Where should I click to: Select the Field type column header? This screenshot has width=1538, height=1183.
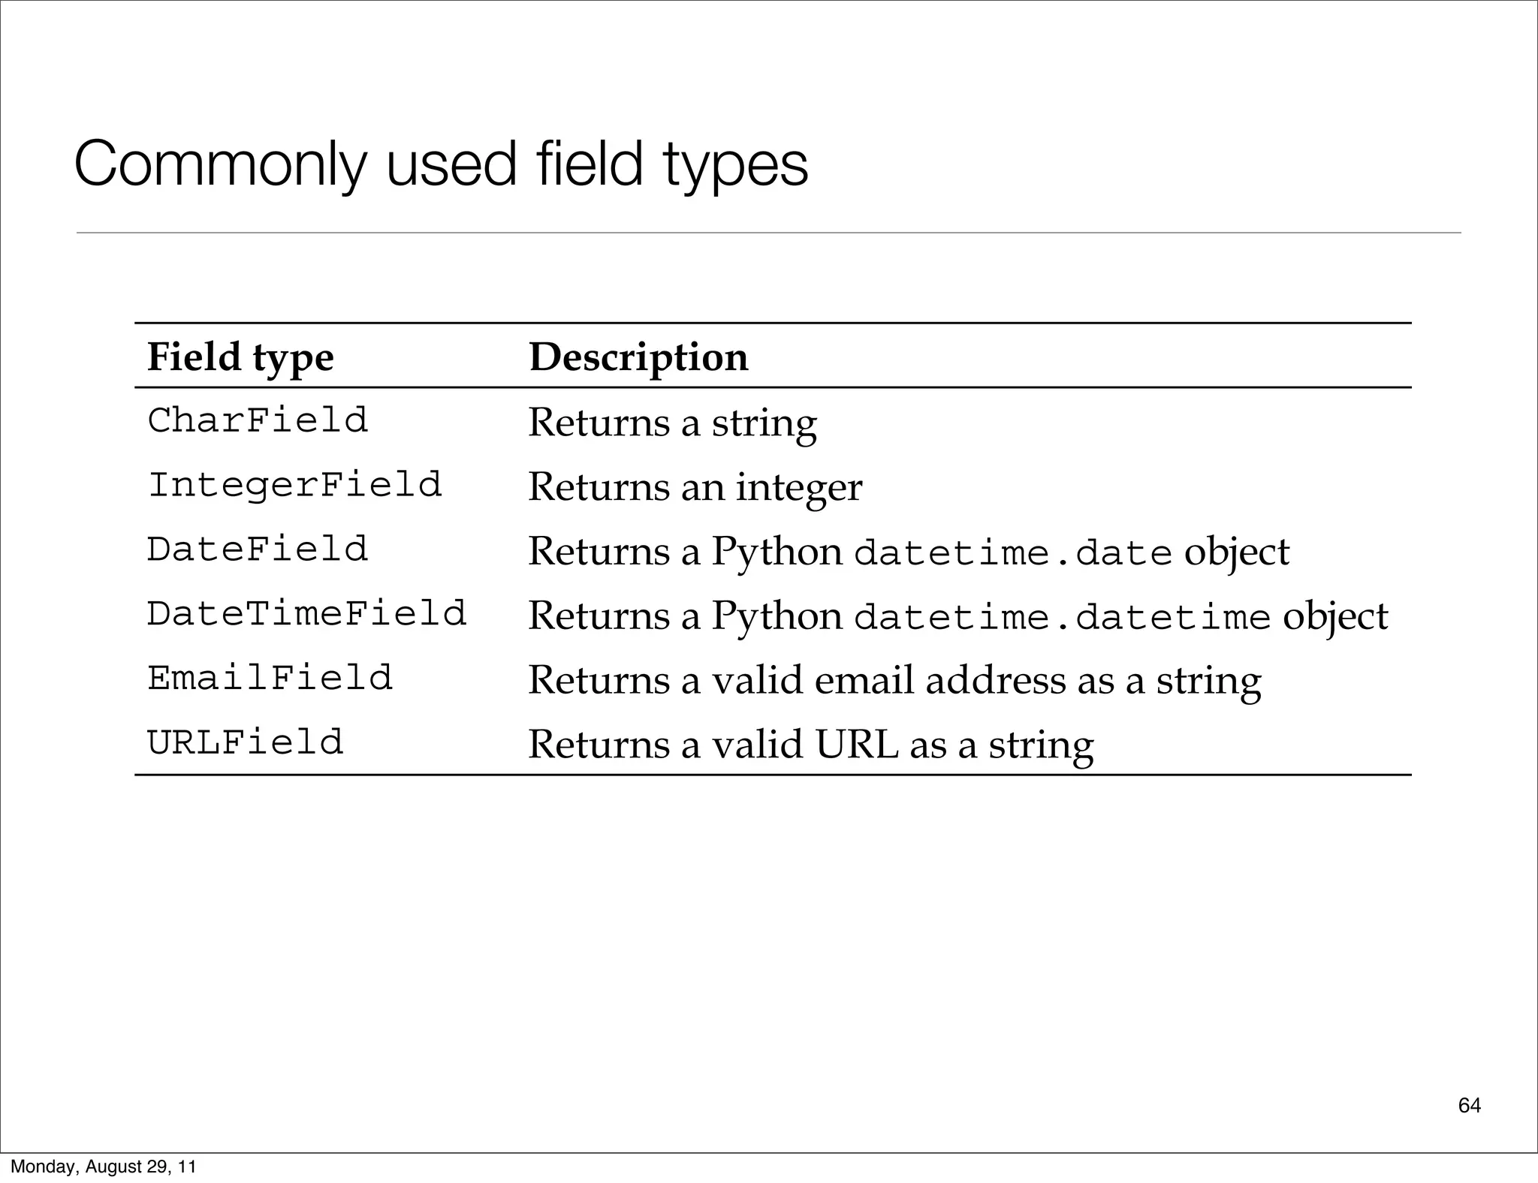click(240, 357)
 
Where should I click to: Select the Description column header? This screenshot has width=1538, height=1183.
click(638, 357)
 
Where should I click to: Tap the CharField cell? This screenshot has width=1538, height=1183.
click(258, 420)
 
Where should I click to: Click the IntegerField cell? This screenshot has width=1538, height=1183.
click(294, 485)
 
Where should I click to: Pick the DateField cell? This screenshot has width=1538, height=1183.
click(258, 549)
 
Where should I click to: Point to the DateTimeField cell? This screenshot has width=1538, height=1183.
click(306, 614)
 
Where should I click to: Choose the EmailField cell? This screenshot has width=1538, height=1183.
click(270, 679)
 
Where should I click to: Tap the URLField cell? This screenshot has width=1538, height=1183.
click(245, 743)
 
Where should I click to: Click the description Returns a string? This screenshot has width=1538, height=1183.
click(672, 422)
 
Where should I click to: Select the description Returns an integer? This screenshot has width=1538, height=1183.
click(695, 486)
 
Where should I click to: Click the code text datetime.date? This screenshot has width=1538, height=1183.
click(1013, 554)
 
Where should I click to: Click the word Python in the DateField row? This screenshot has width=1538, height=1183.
click(777, 552)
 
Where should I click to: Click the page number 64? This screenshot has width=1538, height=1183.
click(1470, 1105)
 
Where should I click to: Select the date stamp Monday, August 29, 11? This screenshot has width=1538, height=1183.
click(103, 1166)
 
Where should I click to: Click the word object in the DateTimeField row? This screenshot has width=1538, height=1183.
click(1335, 617)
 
